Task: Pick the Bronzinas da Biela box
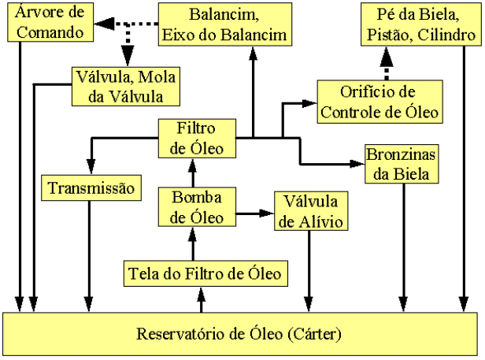tap(401, 164)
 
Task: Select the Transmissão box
tap(91, 189)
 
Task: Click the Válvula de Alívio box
tap(309, 210)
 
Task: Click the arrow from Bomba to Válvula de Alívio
tap(254, 212)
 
